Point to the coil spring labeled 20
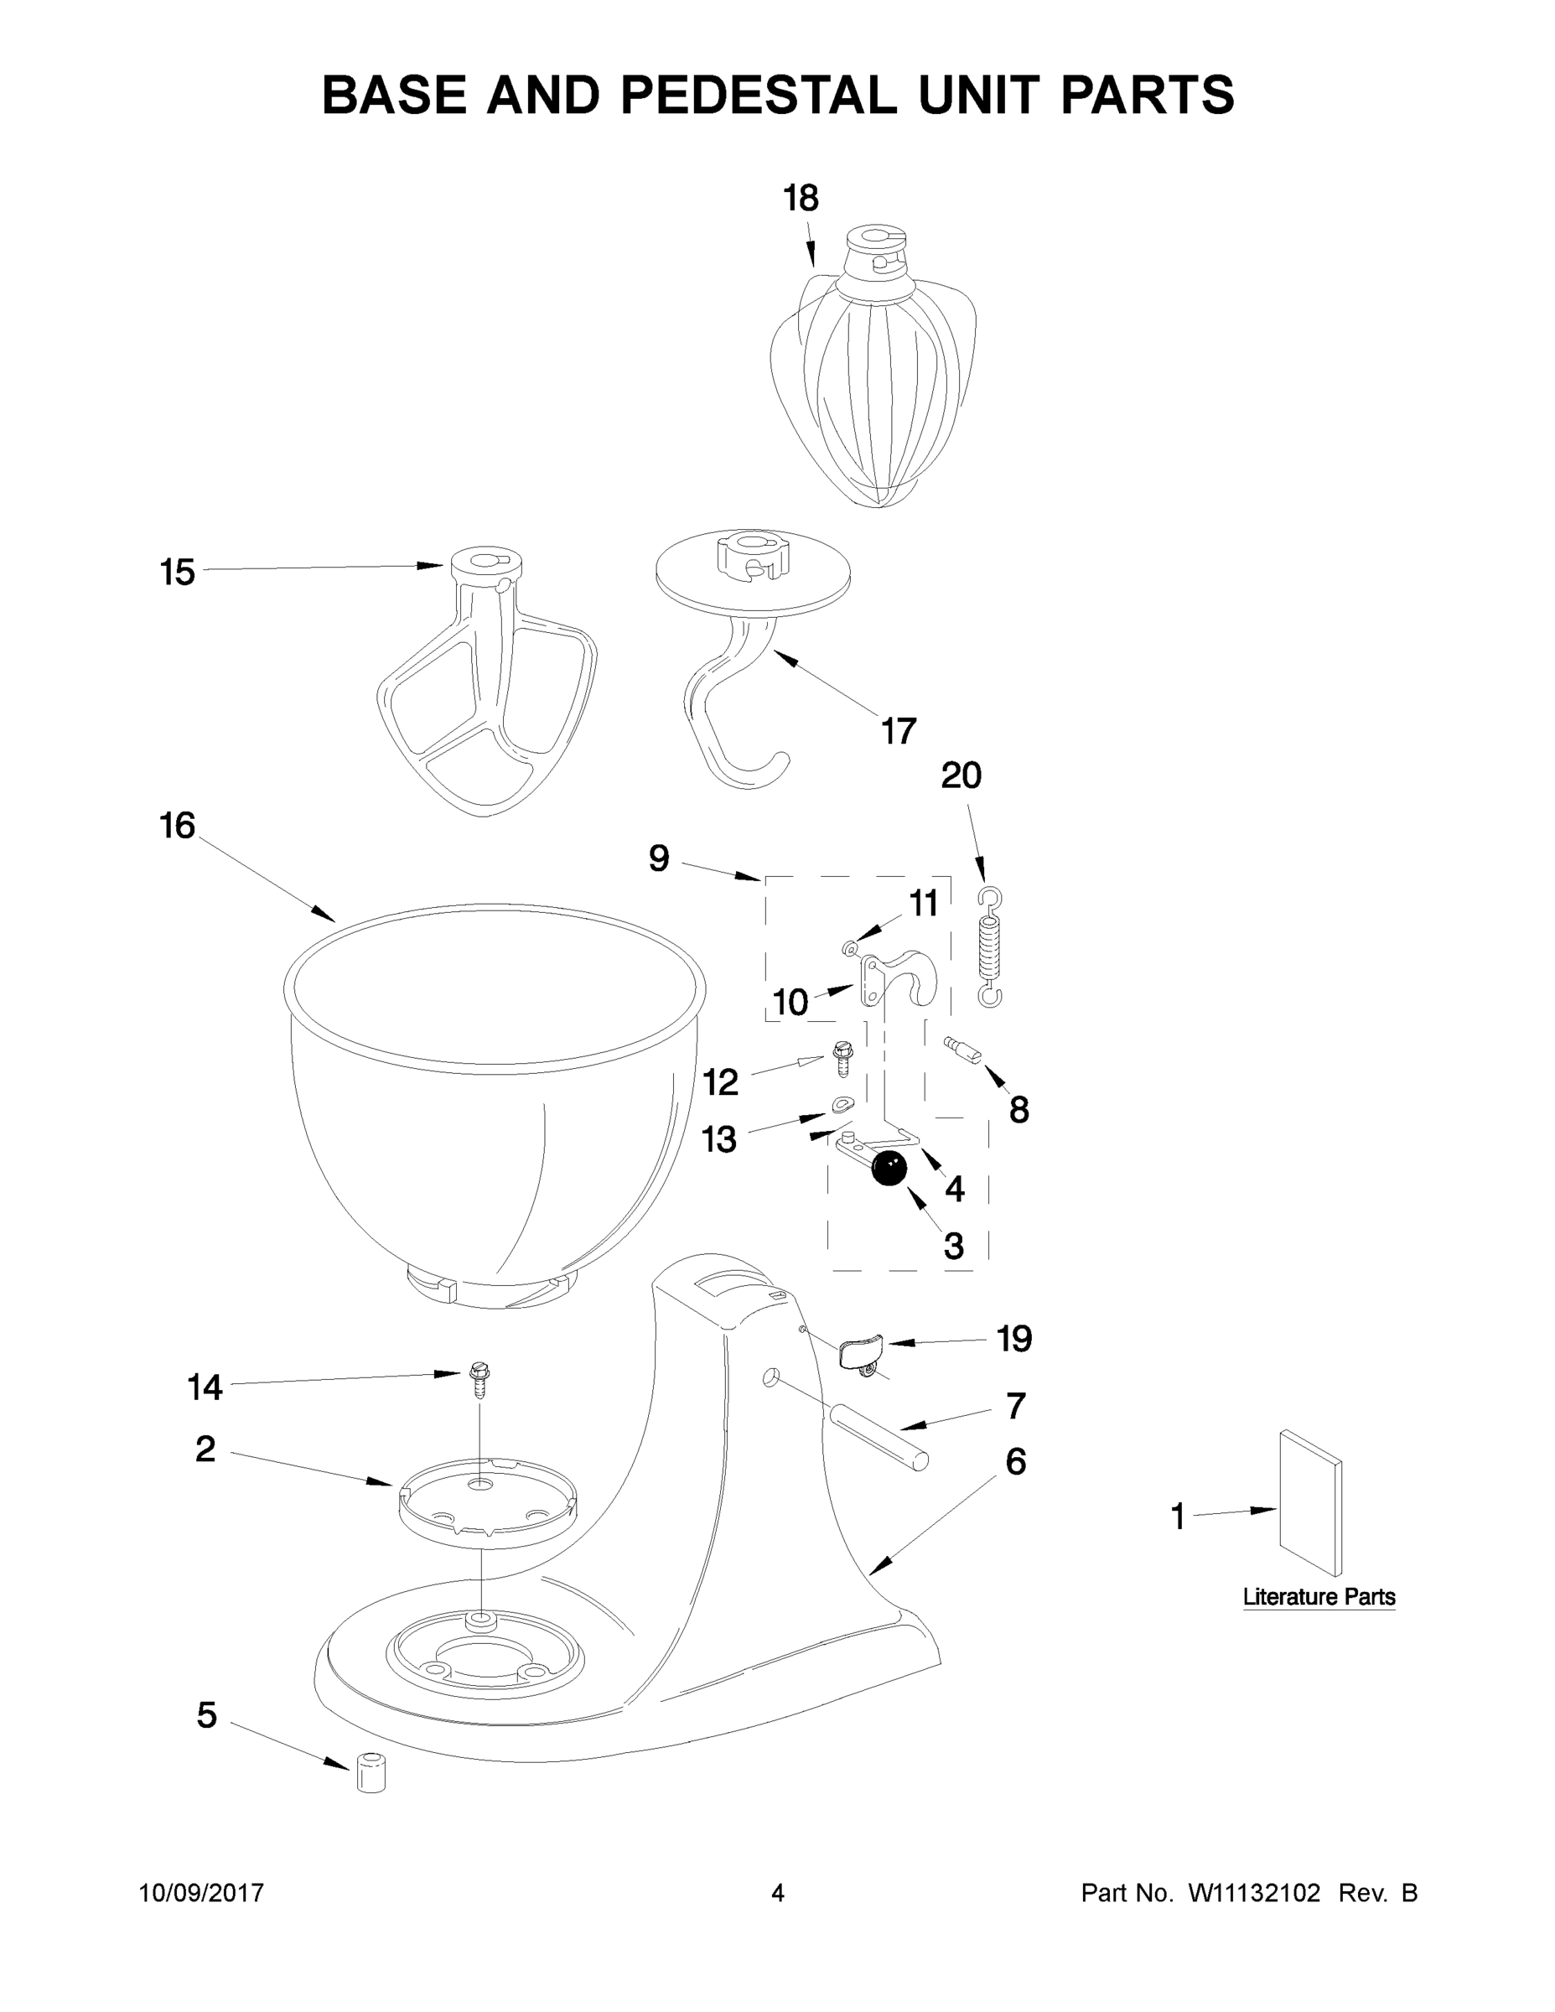(x=988, y=949)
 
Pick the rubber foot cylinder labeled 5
(x=371, y=1772)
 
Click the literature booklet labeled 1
(x=1310, y=1503)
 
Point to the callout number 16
(x=177, y=826)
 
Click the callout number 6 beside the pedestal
(x=1015, y=1461)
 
